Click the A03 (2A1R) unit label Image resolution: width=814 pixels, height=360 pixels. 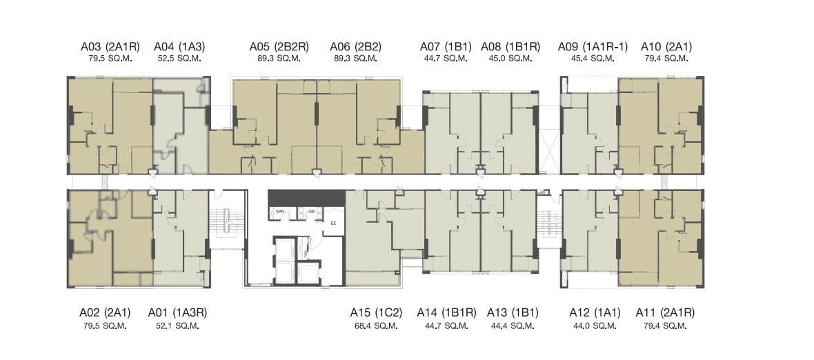[110, 47]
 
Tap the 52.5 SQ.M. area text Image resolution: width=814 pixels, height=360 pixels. [179, 58]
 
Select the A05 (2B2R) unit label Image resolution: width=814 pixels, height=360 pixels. [279, 47]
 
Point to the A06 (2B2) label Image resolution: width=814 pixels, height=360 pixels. [355, 47]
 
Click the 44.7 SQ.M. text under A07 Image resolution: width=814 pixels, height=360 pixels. [446, 58]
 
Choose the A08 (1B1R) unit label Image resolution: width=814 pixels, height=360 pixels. [510, 47]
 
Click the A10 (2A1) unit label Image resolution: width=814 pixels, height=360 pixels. [666, 47]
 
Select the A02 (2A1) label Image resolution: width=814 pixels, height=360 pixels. [105, 313]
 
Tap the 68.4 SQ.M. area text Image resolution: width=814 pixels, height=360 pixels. [376, 326]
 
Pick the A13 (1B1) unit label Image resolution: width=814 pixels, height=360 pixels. [513, 313]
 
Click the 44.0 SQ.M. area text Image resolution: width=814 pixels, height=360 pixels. [595, 326]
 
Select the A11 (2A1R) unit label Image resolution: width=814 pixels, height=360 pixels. [666, 313]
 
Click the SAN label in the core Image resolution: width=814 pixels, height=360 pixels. [280, 212]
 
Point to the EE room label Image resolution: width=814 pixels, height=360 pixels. [334, 223]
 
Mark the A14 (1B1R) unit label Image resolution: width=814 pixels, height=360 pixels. [446, 313]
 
